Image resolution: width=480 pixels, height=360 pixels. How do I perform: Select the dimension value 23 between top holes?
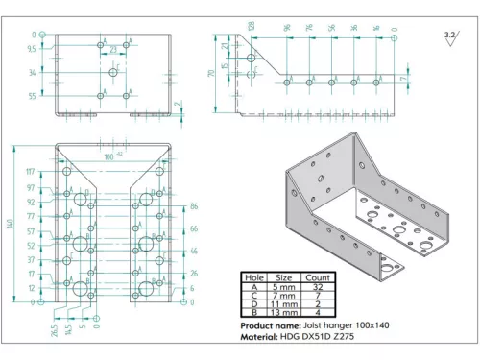pos(113,48)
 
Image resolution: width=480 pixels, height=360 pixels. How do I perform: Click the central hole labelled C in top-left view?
pos(113,72)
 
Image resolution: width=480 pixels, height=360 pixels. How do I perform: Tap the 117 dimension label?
pos(32,172)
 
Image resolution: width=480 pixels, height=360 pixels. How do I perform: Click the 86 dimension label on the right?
pos(194,206)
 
